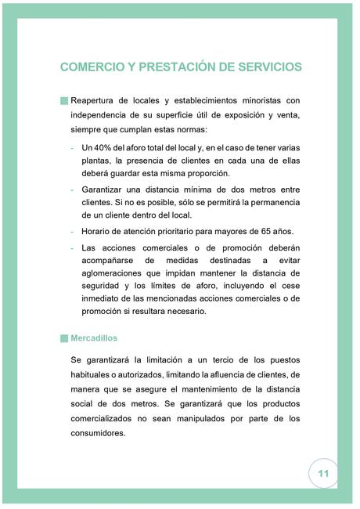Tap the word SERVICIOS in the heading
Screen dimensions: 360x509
(x=265, y=67)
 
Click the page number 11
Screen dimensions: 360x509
(x=322, y=474)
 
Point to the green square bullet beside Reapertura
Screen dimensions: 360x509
(x=63, y=101)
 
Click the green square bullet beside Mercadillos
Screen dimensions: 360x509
(x=63, y=339)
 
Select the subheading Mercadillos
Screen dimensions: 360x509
(x=94, y=339)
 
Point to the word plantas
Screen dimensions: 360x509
(x=97, y=161)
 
